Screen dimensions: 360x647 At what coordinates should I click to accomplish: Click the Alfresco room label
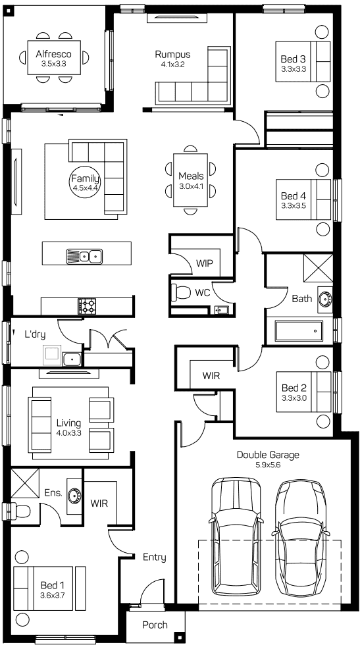coord(53,54)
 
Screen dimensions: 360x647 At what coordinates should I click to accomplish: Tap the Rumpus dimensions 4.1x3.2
coord(172,64)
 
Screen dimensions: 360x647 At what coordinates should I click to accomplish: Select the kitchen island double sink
coord(84,256)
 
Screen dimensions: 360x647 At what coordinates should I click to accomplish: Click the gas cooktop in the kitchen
coord(87,306)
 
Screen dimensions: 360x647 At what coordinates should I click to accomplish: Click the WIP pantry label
coord(205,263)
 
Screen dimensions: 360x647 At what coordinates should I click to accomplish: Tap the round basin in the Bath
coord(324,298)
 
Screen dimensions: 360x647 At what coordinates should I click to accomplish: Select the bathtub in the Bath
coord(299,331)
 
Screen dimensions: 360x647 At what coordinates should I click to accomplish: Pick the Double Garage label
coord(268,455)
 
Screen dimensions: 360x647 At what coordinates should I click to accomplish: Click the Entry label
coord(155,557)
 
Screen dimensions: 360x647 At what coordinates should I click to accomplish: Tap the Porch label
coord(155,625)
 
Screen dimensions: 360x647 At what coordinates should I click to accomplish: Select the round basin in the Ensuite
coord(74,494)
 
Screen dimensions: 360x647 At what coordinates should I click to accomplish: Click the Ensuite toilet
coord(16,511)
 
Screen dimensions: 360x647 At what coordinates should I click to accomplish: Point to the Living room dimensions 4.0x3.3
coord(68,433)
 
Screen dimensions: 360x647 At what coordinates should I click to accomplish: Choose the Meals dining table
coord(191,180)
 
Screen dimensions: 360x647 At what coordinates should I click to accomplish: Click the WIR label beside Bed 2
coord(211,376)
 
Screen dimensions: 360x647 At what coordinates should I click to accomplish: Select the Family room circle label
coord(85,182)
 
